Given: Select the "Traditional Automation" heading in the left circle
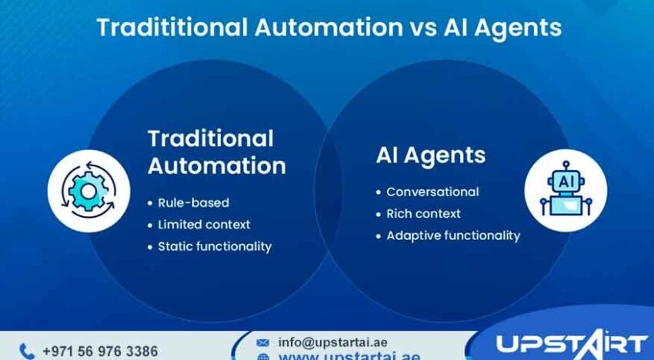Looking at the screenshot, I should pyautogui.click(x=216, y=152).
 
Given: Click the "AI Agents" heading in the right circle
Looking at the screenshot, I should pyautogui.click(x=431, y=155).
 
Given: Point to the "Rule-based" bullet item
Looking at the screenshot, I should pyautogui.click(x=193, y=203).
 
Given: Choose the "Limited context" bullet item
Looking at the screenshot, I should pyautogui.click(x=204, y=225).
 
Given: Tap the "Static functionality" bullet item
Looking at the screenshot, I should pyautogui.click(x=215, y=246).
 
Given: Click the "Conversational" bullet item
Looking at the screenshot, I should pyautogui.click(x=432, y=192).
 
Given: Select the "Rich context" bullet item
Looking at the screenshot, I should pyautogui.click(x=423, y=213).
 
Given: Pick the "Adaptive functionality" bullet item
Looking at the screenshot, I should pyautogui.click(x=453, y=235).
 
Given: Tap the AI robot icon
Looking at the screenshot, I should pyautogui.click(x=566, y=190).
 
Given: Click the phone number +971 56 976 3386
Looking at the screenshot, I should pyautogui.click(x=100, y=351).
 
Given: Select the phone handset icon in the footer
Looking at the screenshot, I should pyautogui.click(x=27, y=351).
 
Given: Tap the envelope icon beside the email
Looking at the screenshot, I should pyautogui.click(x=263, y=342).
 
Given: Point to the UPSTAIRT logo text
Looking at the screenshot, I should pyautogui.click(x=571, y=343).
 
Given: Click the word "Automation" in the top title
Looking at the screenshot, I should pyautogui.click(x=328, y=28).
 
